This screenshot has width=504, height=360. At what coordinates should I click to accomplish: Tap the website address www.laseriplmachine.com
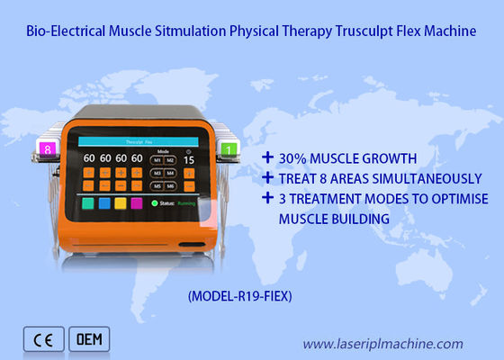pyautogui.click(x=382, y=343)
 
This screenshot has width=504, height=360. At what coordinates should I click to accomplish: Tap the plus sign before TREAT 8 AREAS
pyautogui.click(x=266, y=178)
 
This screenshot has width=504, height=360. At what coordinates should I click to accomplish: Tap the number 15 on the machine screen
pyautogui.click(x=189, y=160)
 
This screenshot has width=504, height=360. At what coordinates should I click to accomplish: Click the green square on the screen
pyautogui.click(x=88, y=204)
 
